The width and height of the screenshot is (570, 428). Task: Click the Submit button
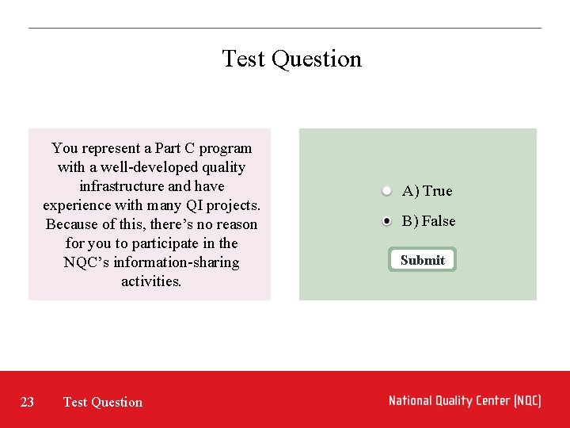422,260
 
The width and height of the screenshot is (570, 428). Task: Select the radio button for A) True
386,191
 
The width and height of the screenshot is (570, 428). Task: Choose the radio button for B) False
386,221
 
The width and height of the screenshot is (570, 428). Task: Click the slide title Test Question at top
291,59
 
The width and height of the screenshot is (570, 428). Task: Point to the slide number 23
27,402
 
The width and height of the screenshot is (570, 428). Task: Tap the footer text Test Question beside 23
103,402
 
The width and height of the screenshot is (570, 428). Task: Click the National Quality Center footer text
465,401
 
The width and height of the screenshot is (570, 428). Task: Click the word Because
72,224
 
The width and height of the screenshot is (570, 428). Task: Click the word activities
151,281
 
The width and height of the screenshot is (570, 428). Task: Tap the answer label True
437,191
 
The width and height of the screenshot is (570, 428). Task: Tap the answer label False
439,221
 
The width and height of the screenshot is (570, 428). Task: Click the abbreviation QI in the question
193,205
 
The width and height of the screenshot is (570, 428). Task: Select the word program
226,148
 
